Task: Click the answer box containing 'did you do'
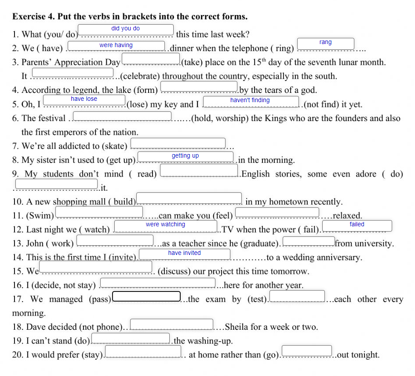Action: pyautogui.click(x=125, y=29)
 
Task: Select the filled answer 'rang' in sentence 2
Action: pyautogui.click(x=326, y=43)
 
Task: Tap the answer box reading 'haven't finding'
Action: pyautogui.click(x=251, y=101)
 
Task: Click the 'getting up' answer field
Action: pyautogui.click(x=186, y=156)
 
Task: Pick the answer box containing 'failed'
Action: pyautogui.click(x=357, y=225)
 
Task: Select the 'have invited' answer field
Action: pyautogui.click(x=185, y=254)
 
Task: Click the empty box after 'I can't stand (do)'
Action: pyautogui.click(x=131, y=338)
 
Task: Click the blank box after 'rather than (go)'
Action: pyautogui.click(x=307, y=350)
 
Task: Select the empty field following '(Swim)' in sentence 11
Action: pyautogui.click(x=99, y=212)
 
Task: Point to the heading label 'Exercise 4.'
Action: pyautogui.click(x=34, y=17)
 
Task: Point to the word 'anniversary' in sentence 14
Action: pyautogui.click(x=339, y=258)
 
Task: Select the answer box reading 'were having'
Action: pyautogui.click(x=116, y=46)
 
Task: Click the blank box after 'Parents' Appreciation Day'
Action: pyautogui.click(x=151, y=58)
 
